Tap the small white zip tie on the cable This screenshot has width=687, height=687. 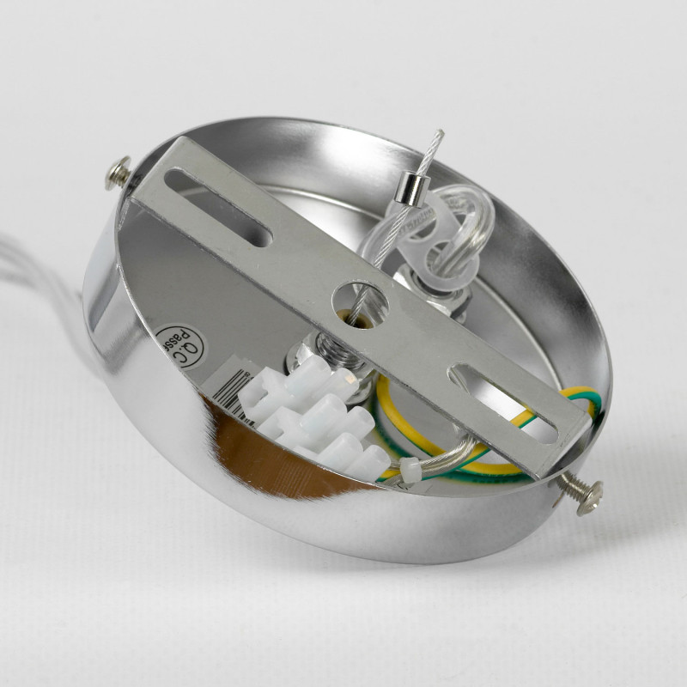click(x=409, y=469)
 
